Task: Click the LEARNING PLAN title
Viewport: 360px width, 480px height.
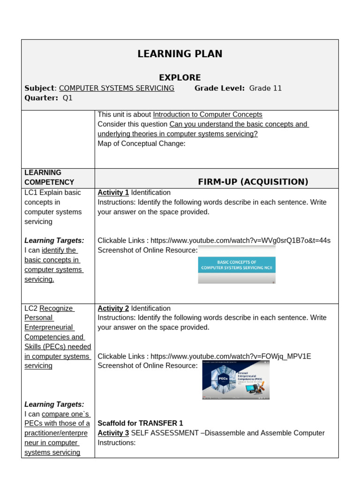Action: [x=180, y=54]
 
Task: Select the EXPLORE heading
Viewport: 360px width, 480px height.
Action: [x=180, y=77]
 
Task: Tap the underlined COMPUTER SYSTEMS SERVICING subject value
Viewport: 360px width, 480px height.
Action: [x=117, y=88]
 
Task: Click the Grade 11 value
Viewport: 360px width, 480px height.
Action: [x=265, y=88]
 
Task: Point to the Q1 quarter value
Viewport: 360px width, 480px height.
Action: [x=67, y=98]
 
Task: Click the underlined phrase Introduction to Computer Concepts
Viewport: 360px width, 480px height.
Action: [x=208, y=114]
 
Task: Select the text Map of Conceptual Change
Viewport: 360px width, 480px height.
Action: [x=141, y=143]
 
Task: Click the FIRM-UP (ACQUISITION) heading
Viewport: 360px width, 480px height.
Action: [x=253, y=182]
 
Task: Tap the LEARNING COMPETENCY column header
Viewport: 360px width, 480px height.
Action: [x=49, y=177]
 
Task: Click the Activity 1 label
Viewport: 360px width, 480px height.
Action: [x=113, y=193]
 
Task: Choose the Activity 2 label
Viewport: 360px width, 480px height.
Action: [x=113, y=308]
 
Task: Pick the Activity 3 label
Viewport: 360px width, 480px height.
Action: [x=113, y=433]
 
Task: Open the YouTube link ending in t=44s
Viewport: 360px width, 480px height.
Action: [x=240, y=240]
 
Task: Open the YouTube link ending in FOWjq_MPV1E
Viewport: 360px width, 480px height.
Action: [x=230, y=356]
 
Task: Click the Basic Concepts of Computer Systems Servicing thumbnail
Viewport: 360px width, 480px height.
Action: [x=237, y=265]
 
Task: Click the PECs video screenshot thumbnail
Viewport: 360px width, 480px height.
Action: [x=236, y=380]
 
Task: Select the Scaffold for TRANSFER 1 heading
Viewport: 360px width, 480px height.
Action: [x=140, y=423]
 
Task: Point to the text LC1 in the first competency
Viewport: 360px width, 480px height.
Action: [x=31, y=193]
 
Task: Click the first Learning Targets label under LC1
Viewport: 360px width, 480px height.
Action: [x=54, y=240]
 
